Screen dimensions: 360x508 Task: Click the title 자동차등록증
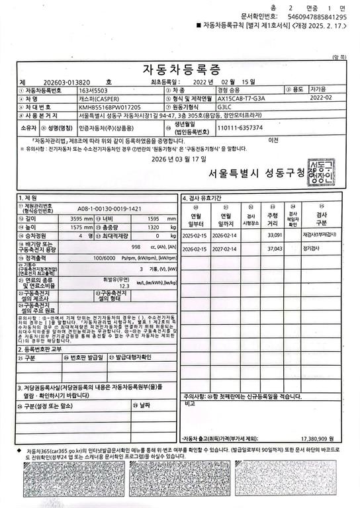click(x=181, y=69)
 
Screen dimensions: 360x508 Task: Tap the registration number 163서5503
click(x=93, y=89)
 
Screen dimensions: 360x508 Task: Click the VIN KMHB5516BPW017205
click(x=110, y=106)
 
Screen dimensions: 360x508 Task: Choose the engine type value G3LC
click(x=225, y=106)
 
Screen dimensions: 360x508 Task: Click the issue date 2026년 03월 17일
click(x=179, y=159)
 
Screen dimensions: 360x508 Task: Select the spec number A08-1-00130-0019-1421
click(x=110, y=208)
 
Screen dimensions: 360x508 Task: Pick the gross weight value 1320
click(x=151, y=227)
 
